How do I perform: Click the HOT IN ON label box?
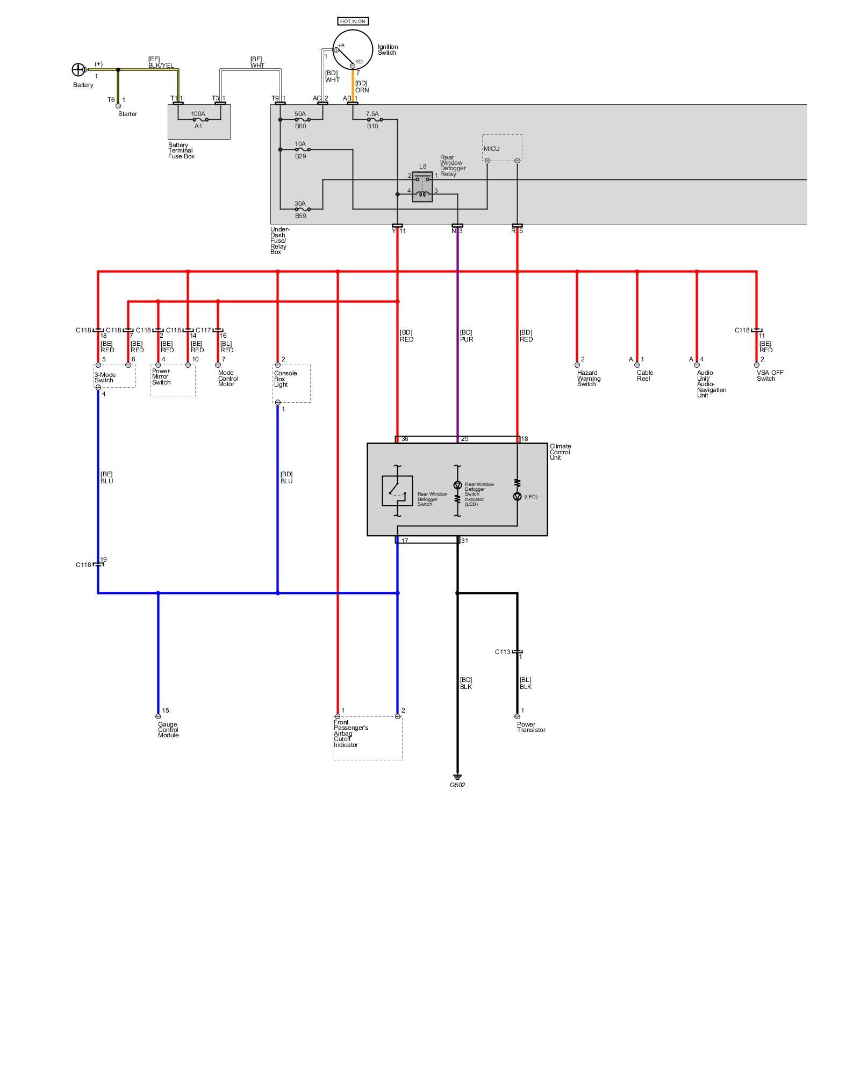coord(353,21)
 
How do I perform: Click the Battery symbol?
coord(78,70)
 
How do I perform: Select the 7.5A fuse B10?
coord(372,120)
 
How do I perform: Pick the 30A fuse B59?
coord(300,209)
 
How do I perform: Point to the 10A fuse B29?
coord(300,149)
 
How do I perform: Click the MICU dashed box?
coord(502,148)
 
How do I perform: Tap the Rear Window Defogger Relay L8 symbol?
coord(422,187)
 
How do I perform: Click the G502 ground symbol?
coord(457,777)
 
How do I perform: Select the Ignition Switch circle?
coord(353,49)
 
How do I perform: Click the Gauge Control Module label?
coord(168,730)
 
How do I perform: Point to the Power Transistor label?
coord(531,727)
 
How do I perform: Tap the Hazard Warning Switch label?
coord(589,378)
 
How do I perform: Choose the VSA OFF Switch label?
coord(770,375)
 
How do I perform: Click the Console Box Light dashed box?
coord(291,383)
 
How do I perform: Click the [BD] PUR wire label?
coord(466,336)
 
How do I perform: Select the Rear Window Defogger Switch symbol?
coord(397,491)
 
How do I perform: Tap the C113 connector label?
coord(503,652)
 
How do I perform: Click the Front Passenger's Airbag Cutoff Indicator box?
coord(368,738)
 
